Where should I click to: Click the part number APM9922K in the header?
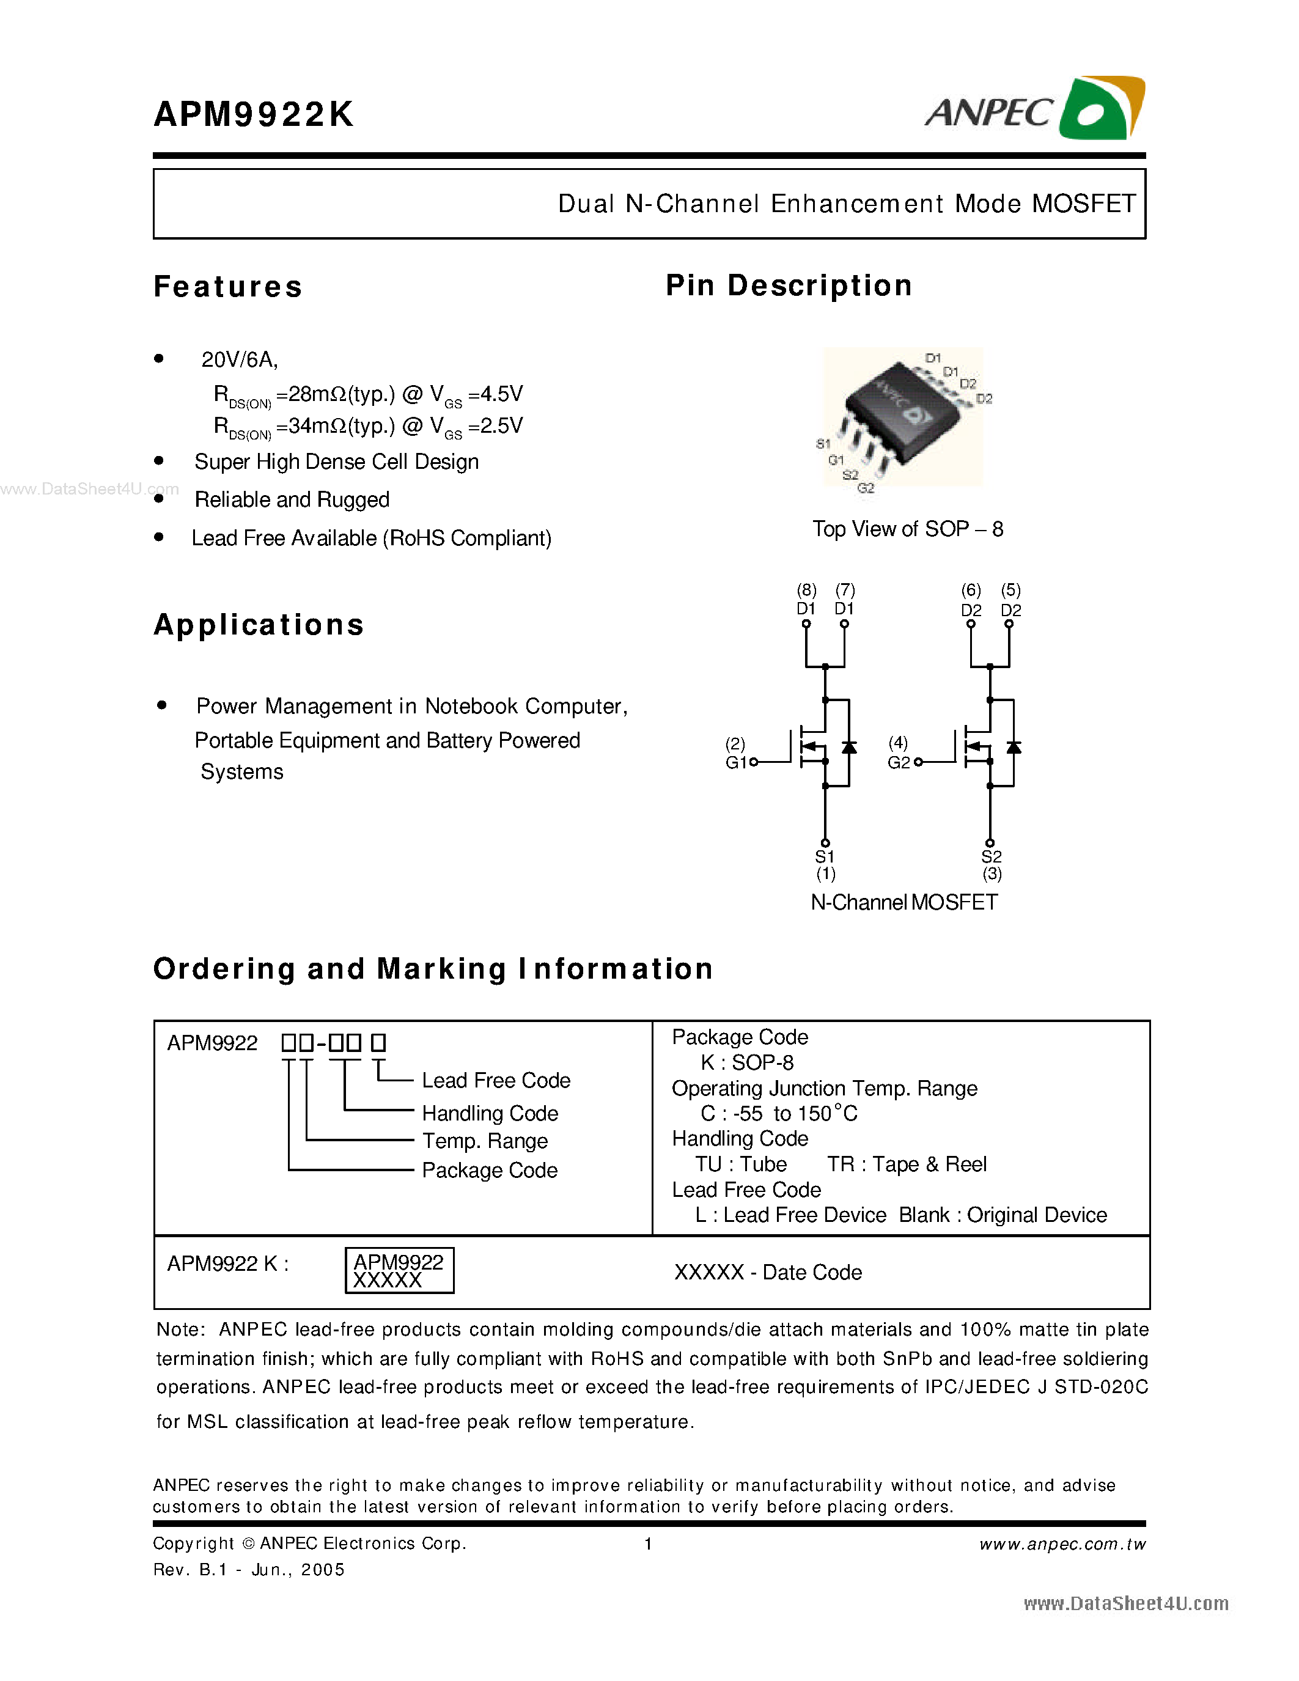click(253, 115)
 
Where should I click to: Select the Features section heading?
click(228, 286)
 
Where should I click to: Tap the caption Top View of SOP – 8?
click(907, 529)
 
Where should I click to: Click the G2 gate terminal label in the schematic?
click(898, 762)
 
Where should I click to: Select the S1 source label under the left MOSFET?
click(824, 856)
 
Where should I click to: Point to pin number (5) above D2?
click(1010, 590)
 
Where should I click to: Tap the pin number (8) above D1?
click(806, 590)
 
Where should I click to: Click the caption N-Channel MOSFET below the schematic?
click(903, 902)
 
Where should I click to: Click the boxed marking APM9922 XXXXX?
click(399, 1271)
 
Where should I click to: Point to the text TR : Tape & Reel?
click(907, 1164)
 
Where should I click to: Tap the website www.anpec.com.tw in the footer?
click(1062, 1544)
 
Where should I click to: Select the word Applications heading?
click(259, 624)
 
